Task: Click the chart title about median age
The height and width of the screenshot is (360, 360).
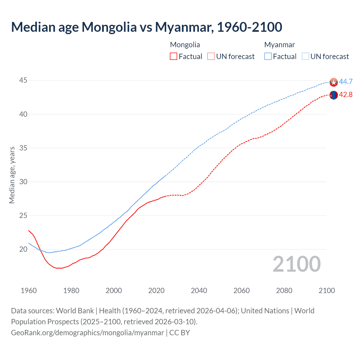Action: [147, 27]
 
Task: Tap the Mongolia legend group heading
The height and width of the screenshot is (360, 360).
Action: [185, 45]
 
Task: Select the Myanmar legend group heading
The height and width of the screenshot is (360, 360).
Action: [279, 45]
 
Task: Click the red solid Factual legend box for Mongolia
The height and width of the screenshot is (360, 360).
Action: [174, 57]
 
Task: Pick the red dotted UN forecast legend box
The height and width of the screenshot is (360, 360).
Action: [211, 57]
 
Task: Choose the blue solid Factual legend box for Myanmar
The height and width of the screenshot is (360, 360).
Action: [268, 57]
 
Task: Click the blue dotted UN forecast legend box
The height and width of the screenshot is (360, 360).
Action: [305, 57]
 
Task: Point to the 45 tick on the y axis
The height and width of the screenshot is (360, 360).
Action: [23, 80]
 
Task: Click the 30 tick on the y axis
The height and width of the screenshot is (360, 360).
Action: [23, 182]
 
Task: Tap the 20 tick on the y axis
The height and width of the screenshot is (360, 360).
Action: [23, 249]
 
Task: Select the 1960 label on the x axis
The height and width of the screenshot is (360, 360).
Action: [29, 291]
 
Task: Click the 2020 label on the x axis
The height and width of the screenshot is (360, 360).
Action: [156, 291]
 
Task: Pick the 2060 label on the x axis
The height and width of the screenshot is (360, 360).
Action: [242, 291]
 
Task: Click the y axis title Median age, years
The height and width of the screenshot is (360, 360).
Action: [12, 175]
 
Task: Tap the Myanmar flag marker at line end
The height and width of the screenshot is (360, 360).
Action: [334, 82]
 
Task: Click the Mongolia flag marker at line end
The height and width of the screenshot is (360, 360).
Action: [334, 95]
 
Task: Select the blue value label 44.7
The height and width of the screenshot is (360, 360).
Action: [346, 82]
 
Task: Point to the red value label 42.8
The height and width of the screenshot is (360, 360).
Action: [346, 95]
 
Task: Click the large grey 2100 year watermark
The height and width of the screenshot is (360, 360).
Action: [297, 264]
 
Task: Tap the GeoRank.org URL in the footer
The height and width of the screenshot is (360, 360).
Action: [87, 333]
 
